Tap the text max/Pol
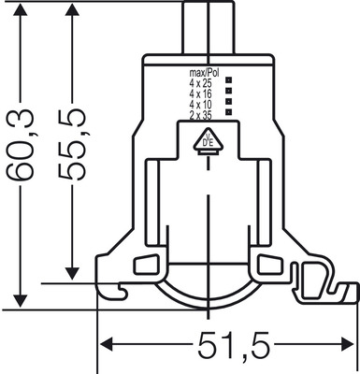(x=204, y=72)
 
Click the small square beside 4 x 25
(x=229, y=84)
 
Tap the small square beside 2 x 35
(x=229, y=115)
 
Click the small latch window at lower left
(x=146, y=265)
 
